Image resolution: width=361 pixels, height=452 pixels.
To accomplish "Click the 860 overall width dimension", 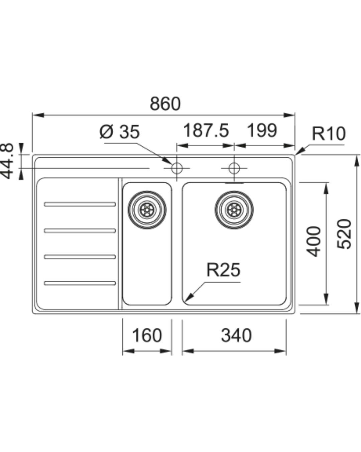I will pos(165,104).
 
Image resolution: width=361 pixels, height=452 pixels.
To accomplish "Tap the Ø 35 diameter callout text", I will pos(120,132).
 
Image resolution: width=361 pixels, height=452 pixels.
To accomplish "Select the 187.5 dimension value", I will pos(206,130).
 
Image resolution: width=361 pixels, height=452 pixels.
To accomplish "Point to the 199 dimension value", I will pos(262,130).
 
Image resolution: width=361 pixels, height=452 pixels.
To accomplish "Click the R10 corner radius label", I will pos(328,134).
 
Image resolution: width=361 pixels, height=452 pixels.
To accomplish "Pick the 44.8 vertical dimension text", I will pos(7,161).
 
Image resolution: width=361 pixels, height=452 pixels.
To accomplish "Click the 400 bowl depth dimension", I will pos(314,241).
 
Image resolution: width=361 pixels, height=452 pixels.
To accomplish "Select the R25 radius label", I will pos(223,270).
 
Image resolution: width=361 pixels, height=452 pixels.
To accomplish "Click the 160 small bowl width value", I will pos(147,335).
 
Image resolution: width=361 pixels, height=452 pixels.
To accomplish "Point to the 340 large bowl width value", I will pos(236,335).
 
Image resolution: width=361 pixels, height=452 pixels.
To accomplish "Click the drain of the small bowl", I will pos(147,210).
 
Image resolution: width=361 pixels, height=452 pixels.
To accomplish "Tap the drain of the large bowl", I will pos(234,210).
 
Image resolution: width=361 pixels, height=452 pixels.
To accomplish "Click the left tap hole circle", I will pos(176,168).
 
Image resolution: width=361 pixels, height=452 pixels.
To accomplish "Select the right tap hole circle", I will pos(234,168).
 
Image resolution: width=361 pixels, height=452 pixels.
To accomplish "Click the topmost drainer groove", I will pos(80,204).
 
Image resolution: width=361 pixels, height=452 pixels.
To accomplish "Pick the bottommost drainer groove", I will pos(80,283).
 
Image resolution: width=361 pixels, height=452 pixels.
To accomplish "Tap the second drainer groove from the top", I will pos(80,230).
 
